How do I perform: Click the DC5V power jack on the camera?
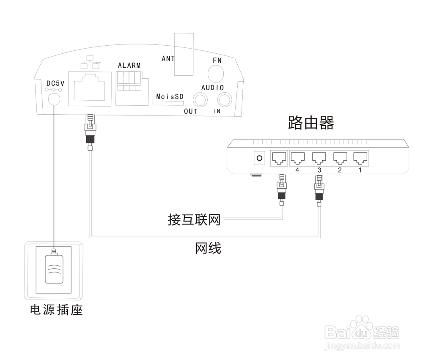pos(54,99)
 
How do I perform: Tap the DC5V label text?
pos(55,84)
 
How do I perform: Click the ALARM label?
pos(129,66)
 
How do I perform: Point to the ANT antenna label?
pos(168,59)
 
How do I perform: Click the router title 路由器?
pos(311,123)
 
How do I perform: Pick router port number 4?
pos(297,159)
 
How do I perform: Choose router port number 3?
pos(319,159)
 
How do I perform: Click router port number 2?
pos(340,159)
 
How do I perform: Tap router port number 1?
pos(360,159)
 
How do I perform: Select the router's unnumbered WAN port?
pos(278,159)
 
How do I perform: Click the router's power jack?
pos(259,159)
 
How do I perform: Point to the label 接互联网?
pos(194,220)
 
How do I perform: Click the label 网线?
pos(208,248)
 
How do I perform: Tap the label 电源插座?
pos(56,310)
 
